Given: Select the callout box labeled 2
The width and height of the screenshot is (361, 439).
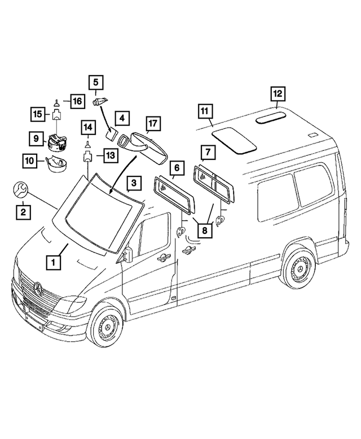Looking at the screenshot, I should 23,212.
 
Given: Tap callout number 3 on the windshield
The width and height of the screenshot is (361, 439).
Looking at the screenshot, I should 134,184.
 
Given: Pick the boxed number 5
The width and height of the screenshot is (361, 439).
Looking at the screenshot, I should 95,83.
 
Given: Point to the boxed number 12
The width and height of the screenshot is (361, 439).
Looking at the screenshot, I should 278,93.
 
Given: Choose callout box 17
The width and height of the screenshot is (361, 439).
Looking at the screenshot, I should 153,123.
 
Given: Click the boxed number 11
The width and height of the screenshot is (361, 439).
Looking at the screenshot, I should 205,111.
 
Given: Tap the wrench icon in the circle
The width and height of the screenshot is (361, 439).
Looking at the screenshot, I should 19,190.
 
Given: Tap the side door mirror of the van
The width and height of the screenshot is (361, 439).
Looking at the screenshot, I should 127,254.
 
